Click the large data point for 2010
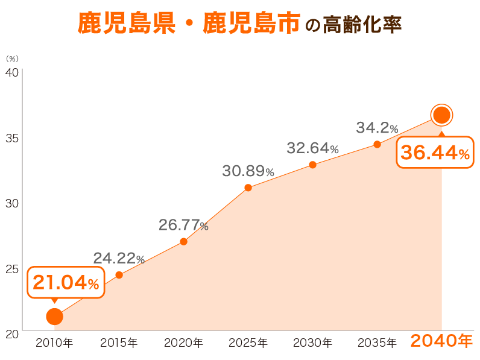click(x=54, y=316)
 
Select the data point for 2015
click(x=119, y=275)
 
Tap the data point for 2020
click(x=183, y=242)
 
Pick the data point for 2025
click(x=248, y=188)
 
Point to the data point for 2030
click(x=312, y=165)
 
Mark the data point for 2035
click(x=377, y=144)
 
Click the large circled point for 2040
click(x=441, y=115)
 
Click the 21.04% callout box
click(x=66, y=283)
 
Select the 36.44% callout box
click(x=435, y=153)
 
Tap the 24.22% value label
click(x=119, y=259)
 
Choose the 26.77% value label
click(x=183, y=226)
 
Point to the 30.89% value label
click(x=248, y=171)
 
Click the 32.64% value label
click(x=312, y=148)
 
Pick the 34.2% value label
click(x=377, y=128)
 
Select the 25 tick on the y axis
click(x=13, y=268)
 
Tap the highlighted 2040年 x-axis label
click(x=441, y=341)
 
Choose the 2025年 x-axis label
click(x=248, y=343)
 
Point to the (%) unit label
click(x=12, y=58)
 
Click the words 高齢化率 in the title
click(x=362, y=25)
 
